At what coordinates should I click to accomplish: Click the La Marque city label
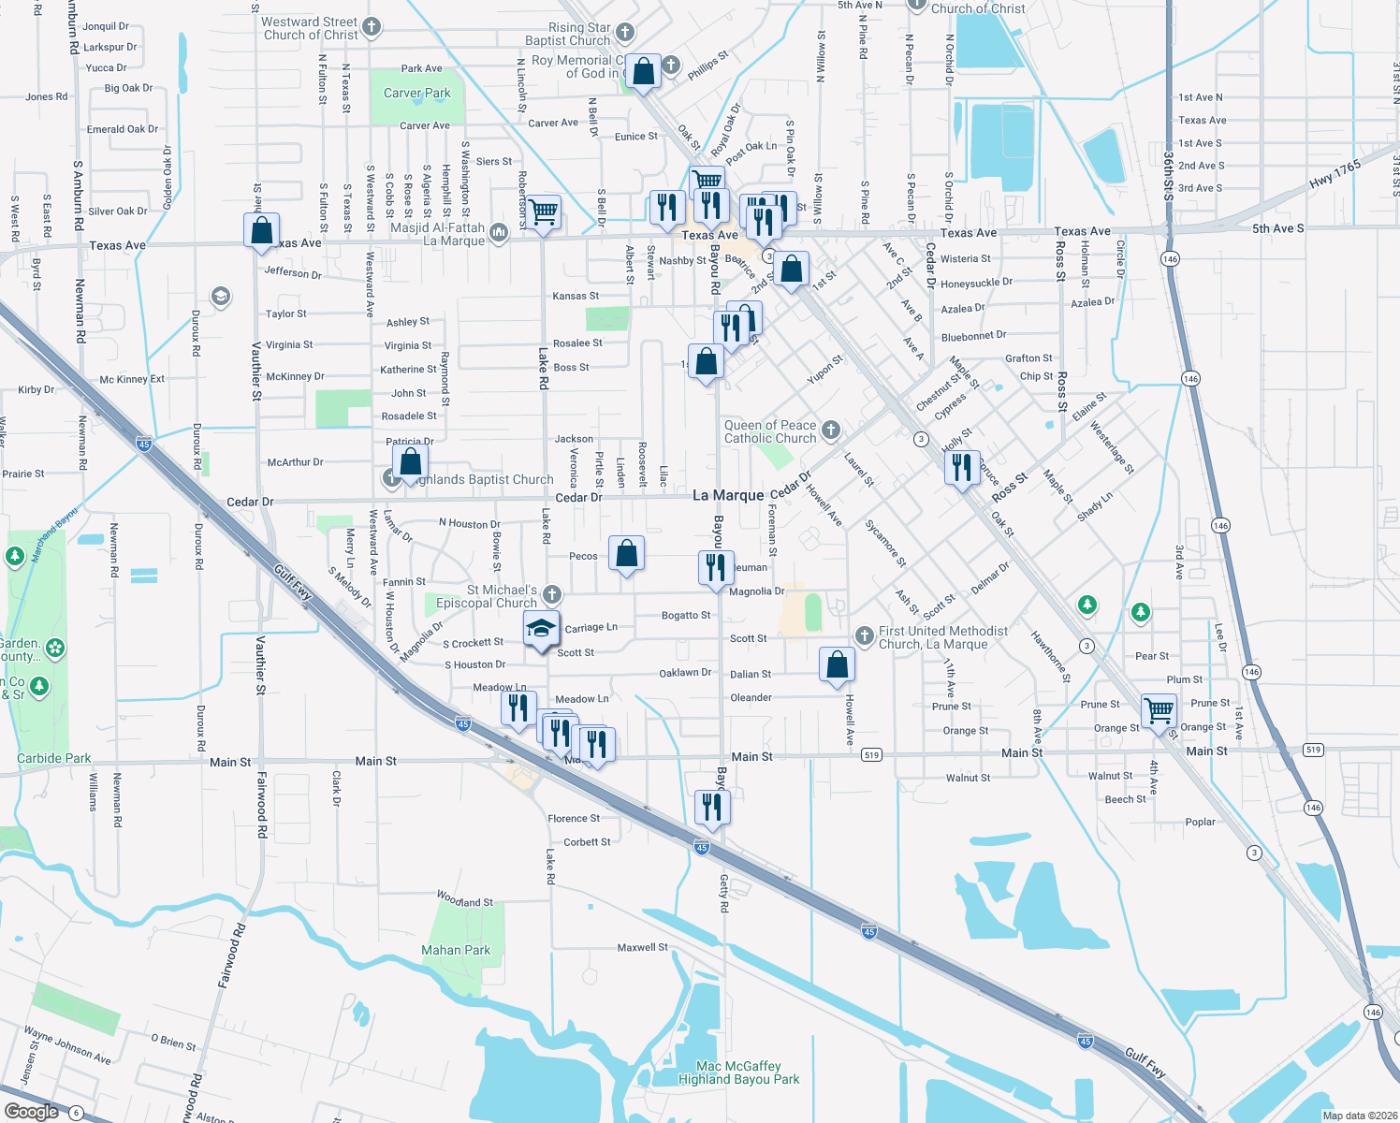coord(728,495)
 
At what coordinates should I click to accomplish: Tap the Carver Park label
coord(416,93)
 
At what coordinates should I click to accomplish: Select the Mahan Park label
coord(456,950)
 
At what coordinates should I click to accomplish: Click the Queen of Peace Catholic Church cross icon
coord(830,430)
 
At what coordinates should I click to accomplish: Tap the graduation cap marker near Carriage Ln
coord(541,629)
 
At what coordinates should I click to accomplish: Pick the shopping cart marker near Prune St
coord(1159,710)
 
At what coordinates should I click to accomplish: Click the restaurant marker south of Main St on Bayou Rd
coord(713,807)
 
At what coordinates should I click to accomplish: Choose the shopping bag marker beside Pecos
coord(626,552)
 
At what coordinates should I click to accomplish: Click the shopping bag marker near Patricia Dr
coord(410,462)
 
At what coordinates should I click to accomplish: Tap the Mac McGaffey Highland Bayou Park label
coord(738,1072)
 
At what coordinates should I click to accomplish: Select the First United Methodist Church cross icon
coord(864,636)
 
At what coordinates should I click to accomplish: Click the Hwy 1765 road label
coord(1334,174)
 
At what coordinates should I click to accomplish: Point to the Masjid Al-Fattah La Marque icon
coord(499,233)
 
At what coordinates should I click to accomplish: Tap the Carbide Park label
coord(54,758)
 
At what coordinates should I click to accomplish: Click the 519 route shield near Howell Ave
coord(871,754)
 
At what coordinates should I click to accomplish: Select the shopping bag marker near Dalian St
coord(837,665)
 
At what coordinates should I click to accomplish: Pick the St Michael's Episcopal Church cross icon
coord(552,594)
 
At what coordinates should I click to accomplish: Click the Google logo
coord(32,1111)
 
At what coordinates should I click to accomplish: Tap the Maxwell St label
coord(643,947)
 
